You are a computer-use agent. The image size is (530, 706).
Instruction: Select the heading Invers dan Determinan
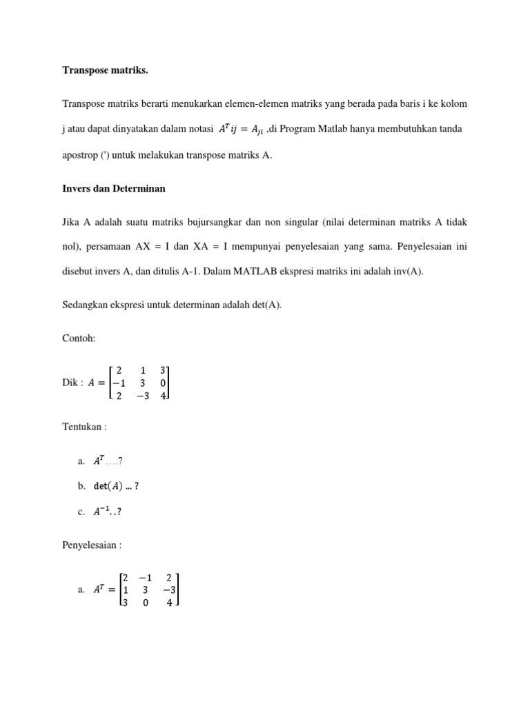[114, 188]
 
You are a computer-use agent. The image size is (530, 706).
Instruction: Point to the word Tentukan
[82, 427]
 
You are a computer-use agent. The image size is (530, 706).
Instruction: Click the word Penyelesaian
[90, 545]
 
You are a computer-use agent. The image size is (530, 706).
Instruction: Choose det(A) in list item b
[109, 486]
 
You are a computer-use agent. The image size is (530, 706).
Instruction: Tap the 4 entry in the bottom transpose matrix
[169, 602]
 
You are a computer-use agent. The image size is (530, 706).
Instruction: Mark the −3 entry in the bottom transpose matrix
[169, 589]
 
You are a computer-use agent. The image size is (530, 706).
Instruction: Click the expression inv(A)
[408, 271]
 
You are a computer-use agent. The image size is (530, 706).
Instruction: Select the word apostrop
[81, 155]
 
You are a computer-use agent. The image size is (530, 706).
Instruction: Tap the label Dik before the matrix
[70, 383]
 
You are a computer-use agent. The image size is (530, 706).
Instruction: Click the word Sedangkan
[85, 304]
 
